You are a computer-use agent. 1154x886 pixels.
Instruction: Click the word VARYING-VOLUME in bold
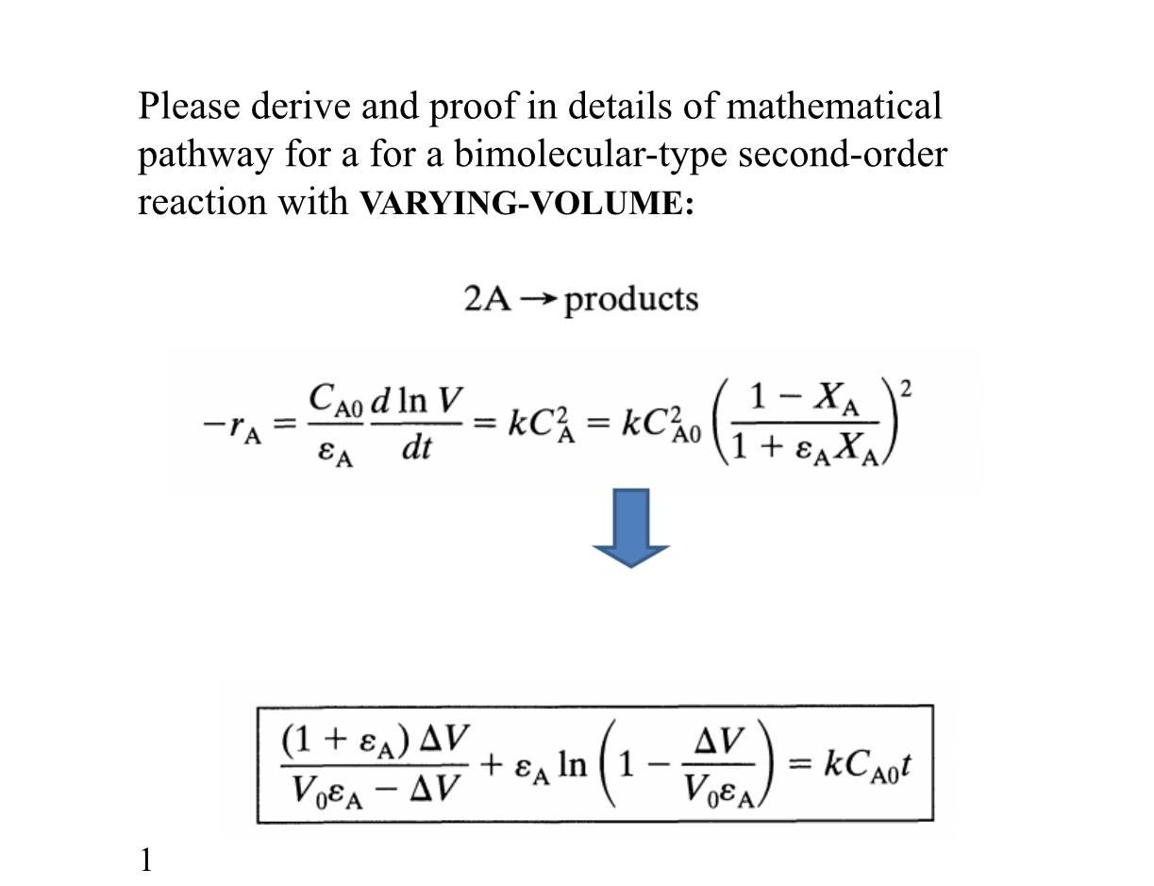(527, 204)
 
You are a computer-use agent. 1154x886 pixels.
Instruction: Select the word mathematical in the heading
(833, 107)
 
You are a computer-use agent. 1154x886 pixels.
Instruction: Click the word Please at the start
(189, 107)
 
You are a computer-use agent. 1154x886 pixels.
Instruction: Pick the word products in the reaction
(631, 300)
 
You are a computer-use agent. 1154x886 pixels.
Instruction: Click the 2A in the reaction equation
(487, 299)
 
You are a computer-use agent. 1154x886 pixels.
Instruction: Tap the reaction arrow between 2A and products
(539, 300)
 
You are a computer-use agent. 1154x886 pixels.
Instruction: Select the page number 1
(146, 860)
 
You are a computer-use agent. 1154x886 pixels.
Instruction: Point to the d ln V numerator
(416, 403)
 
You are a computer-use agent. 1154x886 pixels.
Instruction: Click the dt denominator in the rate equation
(416, 448)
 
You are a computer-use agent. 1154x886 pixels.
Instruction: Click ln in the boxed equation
(572, 763)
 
